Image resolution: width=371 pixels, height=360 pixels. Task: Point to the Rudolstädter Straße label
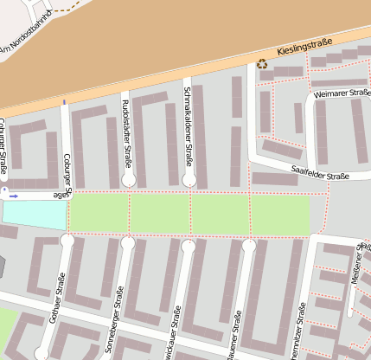click(x=127, y=130)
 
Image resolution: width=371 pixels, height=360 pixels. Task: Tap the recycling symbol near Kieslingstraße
click(x=262, y=63)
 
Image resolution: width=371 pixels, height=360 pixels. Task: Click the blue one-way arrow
click(x=13, y=196)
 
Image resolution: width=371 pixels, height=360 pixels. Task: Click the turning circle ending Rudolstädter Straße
click(x=129, y=180)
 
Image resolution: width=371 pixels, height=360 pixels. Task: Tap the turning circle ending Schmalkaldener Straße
click(x=189, y=180)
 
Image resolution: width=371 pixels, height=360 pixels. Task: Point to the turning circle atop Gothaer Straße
click(x=67, y=241)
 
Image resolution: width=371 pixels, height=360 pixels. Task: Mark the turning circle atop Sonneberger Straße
click(x=128, y=243)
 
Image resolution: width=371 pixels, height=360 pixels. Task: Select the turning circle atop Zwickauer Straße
click(x=188, y=247)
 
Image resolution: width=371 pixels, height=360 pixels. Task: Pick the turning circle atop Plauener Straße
click(x=249, y=247)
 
